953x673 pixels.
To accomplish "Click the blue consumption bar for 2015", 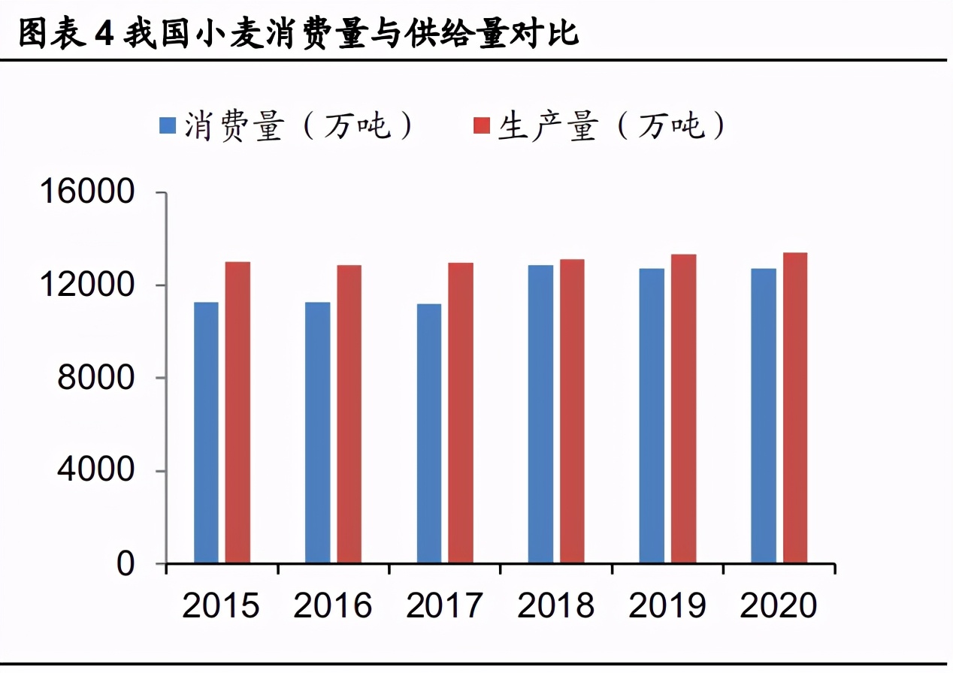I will pos(206,433).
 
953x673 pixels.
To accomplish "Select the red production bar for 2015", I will pos(237,412).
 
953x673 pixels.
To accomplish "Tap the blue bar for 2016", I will pos(317,433).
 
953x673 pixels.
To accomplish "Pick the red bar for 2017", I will pos(460,412).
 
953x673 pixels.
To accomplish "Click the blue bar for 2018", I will pos(540,414).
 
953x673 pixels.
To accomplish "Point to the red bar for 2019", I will pos(683,409).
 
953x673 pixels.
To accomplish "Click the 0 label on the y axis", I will pos(125,564).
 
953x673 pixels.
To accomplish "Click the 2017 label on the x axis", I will pos(444,605).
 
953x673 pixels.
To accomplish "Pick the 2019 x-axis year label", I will pos(667,605).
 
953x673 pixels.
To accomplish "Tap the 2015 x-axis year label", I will pos(221,605).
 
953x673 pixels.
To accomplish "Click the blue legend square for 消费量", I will pos(168,126).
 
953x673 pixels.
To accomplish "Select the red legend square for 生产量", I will pos(481,126).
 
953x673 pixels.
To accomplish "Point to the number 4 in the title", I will pos(104,35).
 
